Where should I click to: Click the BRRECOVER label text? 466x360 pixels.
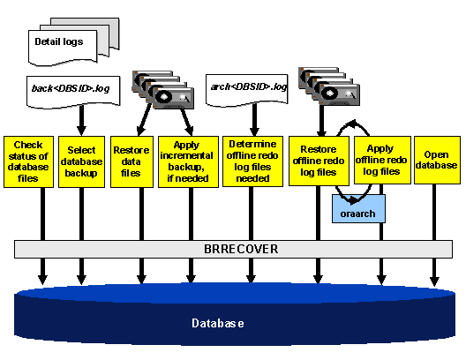click(x=235, y=249)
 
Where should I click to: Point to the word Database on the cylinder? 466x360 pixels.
click(x=217, y=324)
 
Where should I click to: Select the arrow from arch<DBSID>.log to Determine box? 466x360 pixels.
click(x=252, y=117)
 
